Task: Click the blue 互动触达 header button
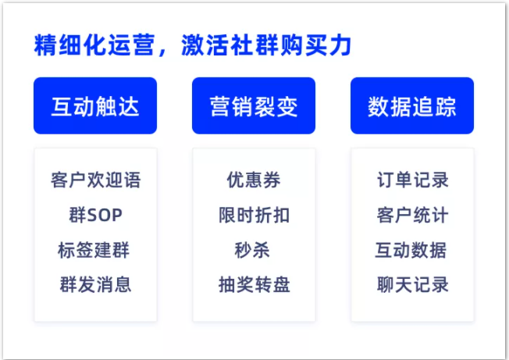(x=95, y=106)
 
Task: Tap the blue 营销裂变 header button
(x=254, y=106)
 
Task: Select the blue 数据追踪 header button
(x=412, y=106)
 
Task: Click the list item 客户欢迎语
(x=95, y=180)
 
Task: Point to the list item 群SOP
(x=95, y=216)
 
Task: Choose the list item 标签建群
(x=95, y=251)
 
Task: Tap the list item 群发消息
(x=95, y=285)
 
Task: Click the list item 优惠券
(x=254, y=180)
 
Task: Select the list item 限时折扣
(x=254, y=216)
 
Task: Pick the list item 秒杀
(x=254, y=251)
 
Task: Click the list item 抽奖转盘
(x=254, y=285)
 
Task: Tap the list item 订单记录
(x=412, y=180)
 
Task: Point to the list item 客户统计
(x=412, y=216)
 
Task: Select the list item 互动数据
(x=412, y=251)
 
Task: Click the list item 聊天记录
(x=412, y=285)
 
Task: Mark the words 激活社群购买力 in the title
(x=266, y=45)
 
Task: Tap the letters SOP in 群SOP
(x=104, y=216)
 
